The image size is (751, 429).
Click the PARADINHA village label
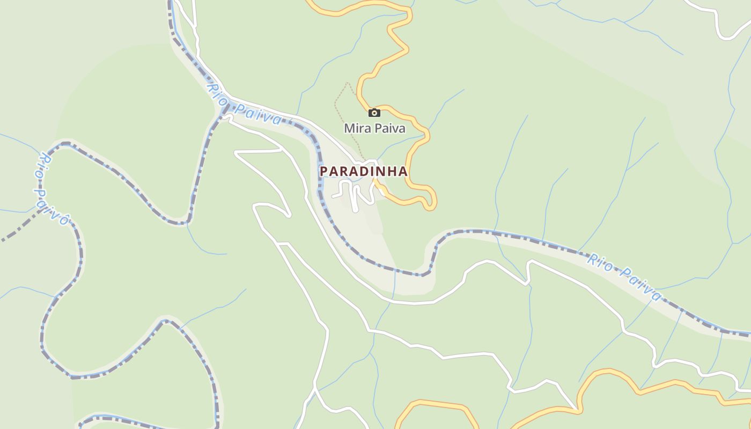point(364,172)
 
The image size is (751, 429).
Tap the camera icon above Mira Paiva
point(374,113)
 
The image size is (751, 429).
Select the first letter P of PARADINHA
point(323,172)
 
